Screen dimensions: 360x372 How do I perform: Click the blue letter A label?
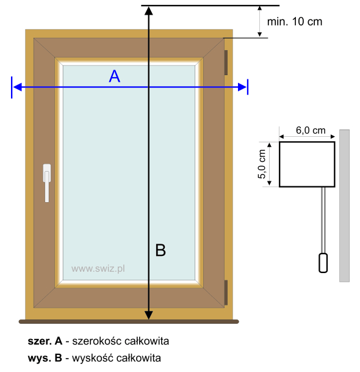point(115,76)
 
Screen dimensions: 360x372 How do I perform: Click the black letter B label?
point(160,250)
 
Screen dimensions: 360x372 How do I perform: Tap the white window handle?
point(47,183)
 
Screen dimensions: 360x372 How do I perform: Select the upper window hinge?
point(226,62)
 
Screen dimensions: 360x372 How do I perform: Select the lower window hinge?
point(226,293)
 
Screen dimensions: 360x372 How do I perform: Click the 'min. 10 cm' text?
point(295,21)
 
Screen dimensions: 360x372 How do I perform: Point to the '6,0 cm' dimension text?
point(311,130)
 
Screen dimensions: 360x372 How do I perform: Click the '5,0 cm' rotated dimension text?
point(262,164)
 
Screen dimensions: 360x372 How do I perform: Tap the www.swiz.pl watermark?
point(98,269)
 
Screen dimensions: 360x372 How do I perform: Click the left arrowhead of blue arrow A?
point(17,87)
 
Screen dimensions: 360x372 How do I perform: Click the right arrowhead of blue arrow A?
point(242,87)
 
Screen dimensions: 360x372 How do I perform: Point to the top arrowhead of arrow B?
point(149,11)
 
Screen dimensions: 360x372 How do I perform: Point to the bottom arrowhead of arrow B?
point(149,315)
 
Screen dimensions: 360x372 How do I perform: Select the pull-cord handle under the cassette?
point(323,263)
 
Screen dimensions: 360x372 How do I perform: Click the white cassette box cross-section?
point(307,164)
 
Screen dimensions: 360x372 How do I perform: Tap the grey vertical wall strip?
point(344,206)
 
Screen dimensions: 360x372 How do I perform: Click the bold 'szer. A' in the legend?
point(45,341)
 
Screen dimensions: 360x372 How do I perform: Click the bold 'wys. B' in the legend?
point(45,358)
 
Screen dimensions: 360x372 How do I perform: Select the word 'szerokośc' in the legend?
point(97,341)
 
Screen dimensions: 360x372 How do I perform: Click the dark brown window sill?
point(129,322)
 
